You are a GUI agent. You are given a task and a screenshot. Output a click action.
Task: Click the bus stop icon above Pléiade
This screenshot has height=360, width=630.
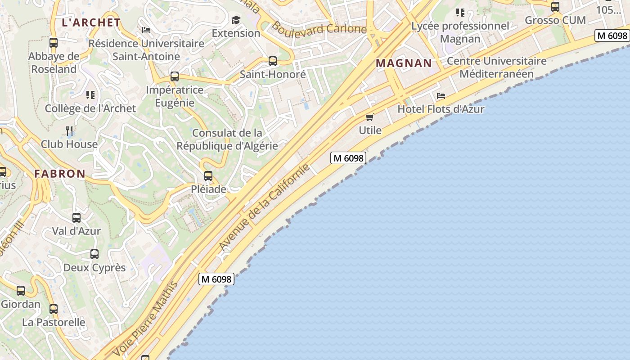pos(208,176)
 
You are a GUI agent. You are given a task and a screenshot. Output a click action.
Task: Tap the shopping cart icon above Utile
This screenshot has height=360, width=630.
pos(370,117)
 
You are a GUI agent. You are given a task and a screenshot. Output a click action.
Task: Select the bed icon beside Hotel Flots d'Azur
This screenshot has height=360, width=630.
pos(441,96)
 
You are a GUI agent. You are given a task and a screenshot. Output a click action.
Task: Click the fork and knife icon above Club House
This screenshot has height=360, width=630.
pos(69,131)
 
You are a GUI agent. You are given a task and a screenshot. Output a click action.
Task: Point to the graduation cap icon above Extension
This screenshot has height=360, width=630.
pos(236,20)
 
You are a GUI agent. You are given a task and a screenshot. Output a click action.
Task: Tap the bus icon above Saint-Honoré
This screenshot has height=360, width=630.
pos(272,61)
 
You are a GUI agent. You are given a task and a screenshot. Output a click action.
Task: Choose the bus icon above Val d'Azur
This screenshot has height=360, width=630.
pos(76,218)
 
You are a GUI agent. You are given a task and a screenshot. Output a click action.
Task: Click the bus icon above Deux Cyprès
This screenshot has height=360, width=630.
pos(94,254)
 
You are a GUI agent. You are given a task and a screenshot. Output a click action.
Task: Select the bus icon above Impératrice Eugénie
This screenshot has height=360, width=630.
pos(175,76)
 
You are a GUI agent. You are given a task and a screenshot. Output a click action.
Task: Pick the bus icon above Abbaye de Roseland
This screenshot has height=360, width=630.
pos(54,43)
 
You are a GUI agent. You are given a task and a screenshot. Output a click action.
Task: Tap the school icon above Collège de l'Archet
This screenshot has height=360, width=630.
pos(90,95)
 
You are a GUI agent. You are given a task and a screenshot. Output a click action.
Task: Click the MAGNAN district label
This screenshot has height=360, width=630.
pos(404,63)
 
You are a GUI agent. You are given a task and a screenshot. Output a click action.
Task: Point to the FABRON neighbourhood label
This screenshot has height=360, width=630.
pos(60,174)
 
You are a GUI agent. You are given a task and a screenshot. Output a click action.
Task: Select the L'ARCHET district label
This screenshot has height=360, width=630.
pos(91,22)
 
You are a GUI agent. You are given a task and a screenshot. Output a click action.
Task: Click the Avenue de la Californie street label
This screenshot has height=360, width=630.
pos(264,207)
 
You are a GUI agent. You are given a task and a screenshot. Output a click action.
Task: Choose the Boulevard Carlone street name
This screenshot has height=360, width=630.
pos(319,28)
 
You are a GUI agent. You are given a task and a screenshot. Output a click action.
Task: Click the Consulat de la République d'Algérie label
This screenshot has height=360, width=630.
pos(227,139)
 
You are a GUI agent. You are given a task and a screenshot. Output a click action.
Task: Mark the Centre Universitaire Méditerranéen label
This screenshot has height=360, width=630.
pos(496,67)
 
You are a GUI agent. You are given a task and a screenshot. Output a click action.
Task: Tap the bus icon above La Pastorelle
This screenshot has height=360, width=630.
pos(54,309)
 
